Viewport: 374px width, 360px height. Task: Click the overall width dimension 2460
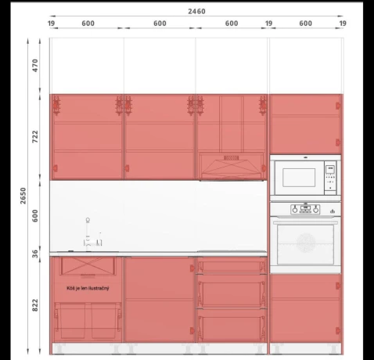[196, 11]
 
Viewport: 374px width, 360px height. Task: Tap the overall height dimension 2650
[23, 196]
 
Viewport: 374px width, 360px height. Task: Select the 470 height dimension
[35, 66]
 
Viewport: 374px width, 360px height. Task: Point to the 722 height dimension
[35, 136]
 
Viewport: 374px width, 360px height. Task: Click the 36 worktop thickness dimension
[35, 254]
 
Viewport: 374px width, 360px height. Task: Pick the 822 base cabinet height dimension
[35, 305]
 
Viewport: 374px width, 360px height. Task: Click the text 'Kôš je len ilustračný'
[88, 288]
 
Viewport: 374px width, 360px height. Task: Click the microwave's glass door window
[299, 178]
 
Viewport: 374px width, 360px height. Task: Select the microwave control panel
[330, 178]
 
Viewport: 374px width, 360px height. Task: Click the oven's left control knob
[295, 210]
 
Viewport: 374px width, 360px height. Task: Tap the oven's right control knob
[316, 210]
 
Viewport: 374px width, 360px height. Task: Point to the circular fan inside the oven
[306, 243]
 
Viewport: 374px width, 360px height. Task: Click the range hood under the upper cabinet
[232, 167]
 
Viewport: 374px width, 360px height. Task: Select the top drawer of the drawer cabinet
[232, 265]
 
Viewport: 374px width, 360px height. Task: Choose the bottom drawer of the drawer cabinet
[232, 326]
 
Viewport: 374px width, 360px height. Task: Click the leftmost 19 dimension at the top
[51, 23]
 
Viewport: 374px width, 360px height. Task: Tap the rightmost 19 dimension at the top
[343, 23]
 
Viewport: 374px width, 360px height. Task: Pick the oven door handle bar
[305, 222]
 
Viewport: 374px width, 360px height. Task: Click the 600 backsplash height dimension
[35, 216]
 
